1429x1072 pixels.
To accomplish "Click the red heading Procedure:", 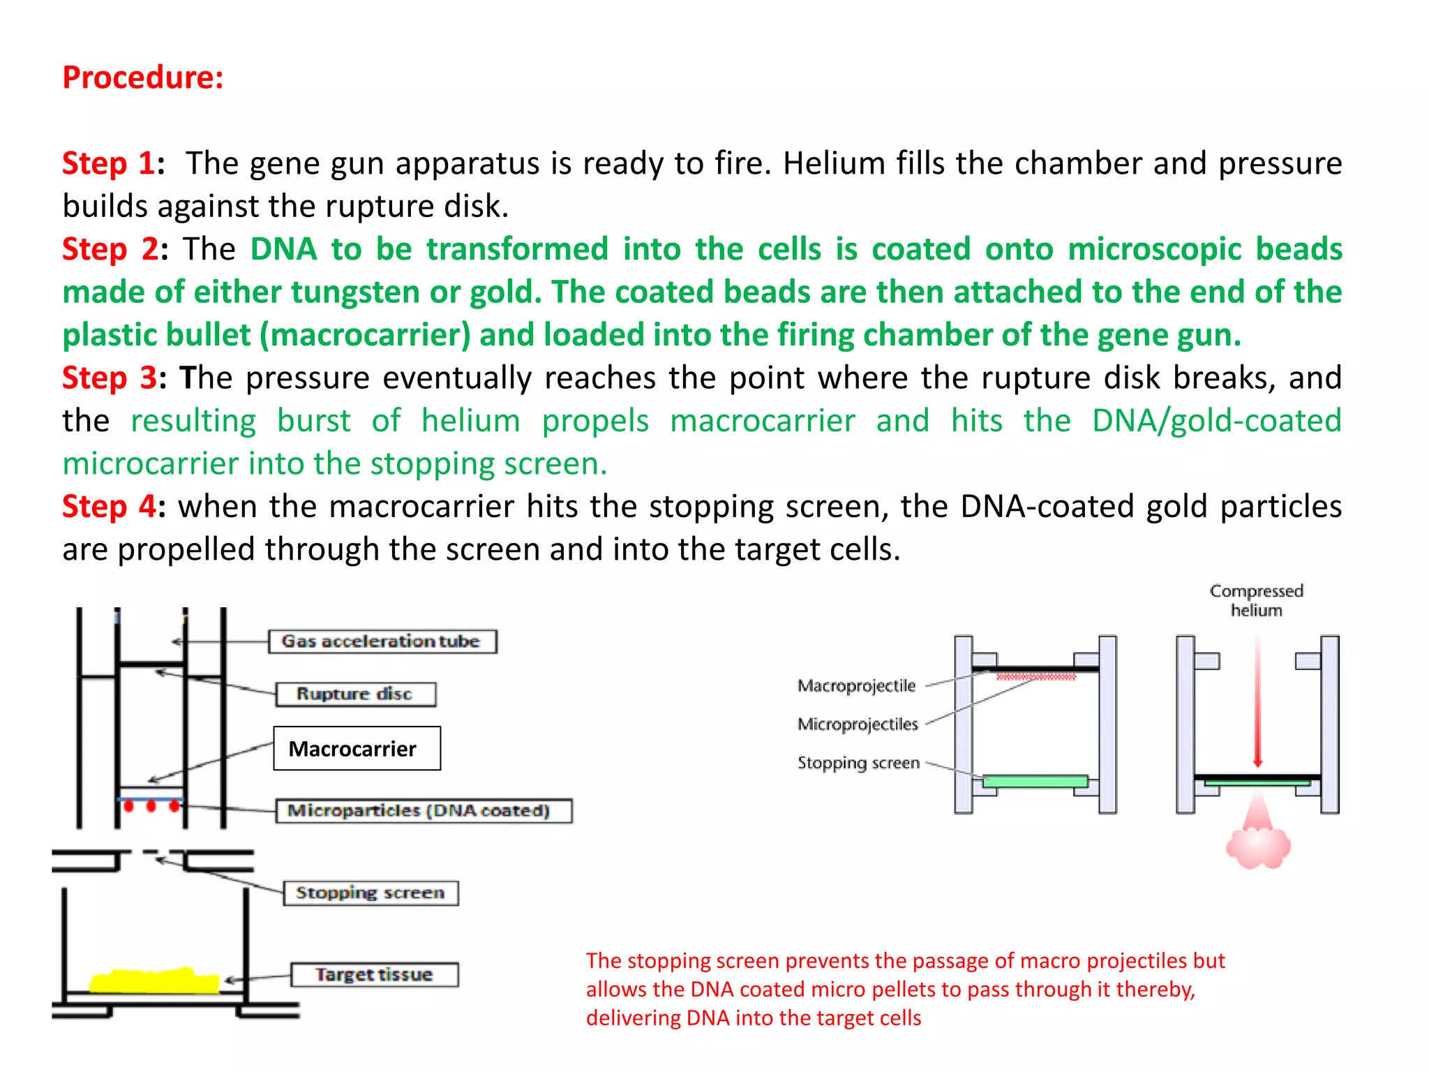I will pyautogui.click(x=143, y=77).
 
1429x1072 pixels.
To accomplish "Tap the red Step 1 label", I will pyautogui.click(x=109, y=163).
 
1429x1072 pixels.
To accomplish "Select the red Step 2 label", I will pyautogui.click(x=110, y=249).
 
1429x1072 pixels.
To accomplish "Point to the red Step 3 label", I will pyautogui.click(x=110, y=378).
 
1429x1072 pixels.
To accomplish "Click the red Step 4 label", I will pyautogui.click(x=110, y=506).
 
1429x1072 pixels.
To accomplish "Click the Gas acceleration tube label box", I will pyautogui.click(x=382, y=641).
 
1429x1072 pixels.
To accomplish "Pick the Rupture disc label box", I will pyautogui.click(x=355, y=694).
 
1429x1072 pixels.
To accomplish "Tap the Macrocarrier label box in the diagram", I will pyautogui.click(x=357, y=748).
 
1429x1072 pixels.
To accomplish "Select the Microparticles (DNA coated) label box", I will pyautogui.click(x=423, y=810).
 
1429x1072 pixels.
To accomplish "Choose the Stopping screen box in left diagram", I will pyautogui.click(x=371, y=893).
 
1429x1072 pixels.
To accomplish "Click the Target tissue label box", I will pyautogui.click(x=375, y=974).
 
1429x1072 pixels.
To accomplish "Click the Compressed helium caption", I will pyautogui.click(x=1256, y=600).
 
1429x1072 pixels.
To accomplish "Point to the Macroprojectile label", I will pyautogui.click(x=856, y=685).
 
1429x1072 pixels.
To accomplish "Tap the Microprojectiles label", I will pyautogui.click(x=858, y=724).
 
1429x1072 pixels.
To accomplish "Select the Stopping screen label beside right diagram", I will pyautogui.click(x=858, y=763).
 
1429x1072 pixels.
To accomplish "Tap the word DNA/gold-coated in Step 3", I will pyautogui.click(x=1216, y=421).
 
